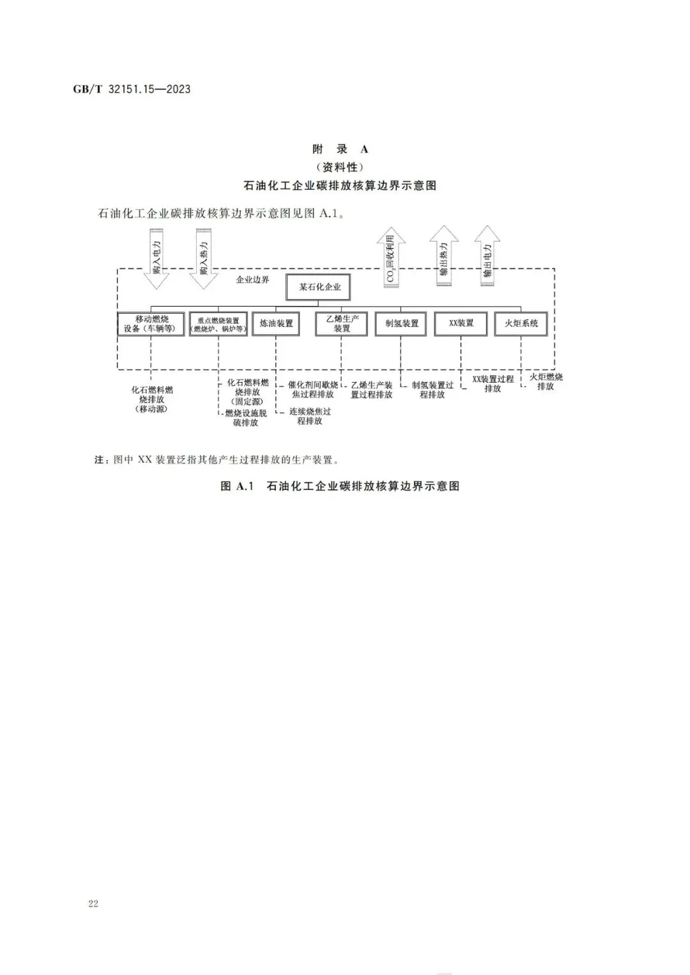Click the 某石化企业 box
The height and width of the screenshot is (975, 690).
click(x=320, y=288)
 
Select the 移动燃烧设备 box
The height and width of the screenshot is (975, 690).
click(x=151, y=324)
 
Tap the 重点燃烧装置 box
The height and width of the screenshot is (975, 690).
click(x=218, y=324)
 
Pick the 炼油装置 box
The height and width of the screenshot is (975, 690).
click(x=276, y=324)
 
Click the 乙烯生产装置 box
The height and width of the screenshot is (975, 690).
click(x=342, y=324)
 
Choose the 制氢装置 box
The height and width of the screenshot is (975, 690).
click(x=401, y=324)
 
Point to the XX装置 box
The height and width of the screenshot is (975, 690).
click(x=461, y=324)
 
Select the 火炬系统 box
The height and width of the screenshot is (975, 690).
click(x=521, y=324)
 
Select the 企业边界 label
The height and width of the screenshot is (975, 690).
click(x=253, y=280)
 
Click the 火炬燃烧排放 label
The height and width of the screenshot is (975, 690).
click(x=546, y=381)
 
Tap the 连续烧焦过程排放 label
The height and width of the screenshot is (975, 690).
click(x=310, y=416)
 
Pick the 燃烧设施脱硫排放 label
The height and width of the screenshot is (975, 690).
click(x=246, y=418)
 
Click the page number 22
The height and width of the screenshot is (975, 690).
click(x=93, y=903)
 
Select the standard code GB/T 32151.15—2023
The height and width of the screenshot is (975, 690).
click(x=132, y=89)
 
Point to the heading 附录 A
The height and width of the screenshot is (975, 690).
click(x=341, y=150)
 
